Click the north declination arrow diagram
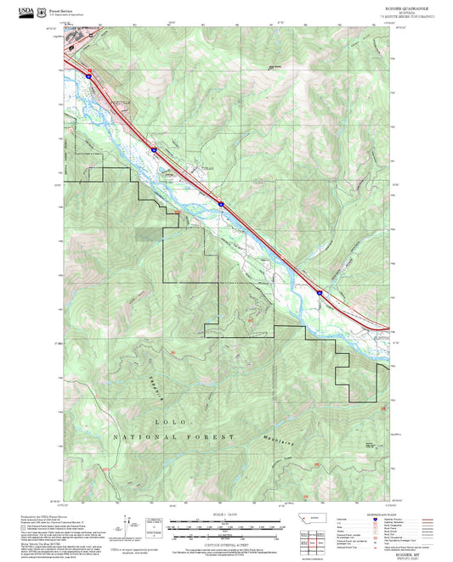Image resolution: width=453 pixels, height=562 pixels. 127,523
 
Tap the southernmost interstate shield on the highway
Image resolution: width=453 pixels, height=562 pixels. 320,292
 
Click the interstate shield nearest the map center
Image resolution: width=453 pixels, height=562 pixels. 218,204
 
